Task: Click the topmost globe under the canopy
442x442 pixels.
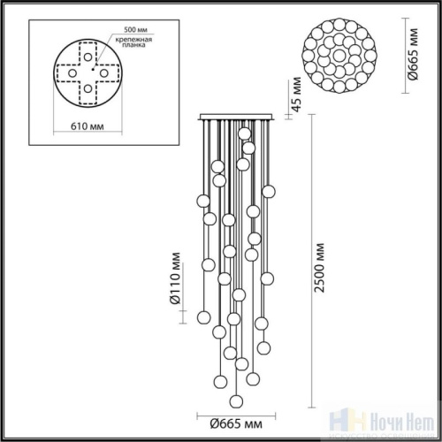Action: point(245,133)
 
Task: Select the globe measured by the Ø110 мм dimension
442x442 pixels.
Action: point(202,316)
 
